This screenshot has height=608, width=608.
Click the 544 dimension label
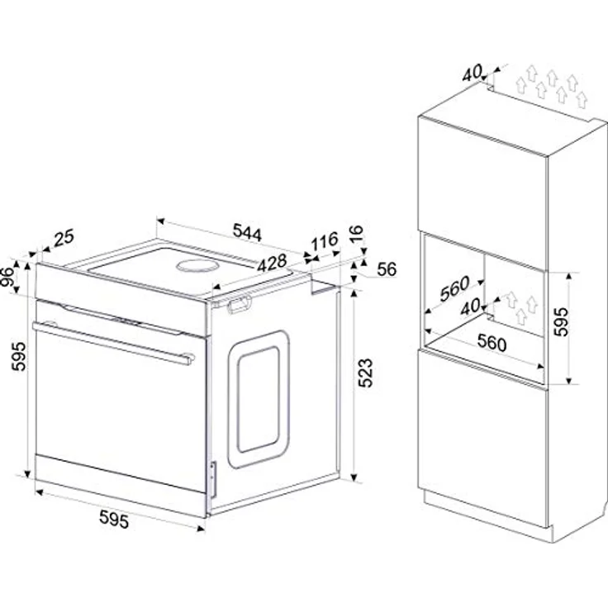click(x=247, y=232)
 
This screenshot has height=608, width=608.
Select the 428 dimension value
click(x=272, y=264)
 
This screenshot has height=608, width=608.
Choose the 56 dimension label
click(x=387, y=269)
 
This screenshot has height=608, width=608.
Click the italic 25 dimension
click(x=64, y=238)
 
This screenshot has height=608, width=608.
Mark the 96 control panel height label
click(x=7, y=277)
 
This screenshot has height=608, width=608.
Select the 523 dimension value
click(x=365, y=373)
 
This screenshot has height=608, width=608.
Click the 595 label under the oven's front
click(x=114, y=519)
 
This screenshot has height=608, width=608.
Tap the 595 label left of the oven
click(x=18, y=356)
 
